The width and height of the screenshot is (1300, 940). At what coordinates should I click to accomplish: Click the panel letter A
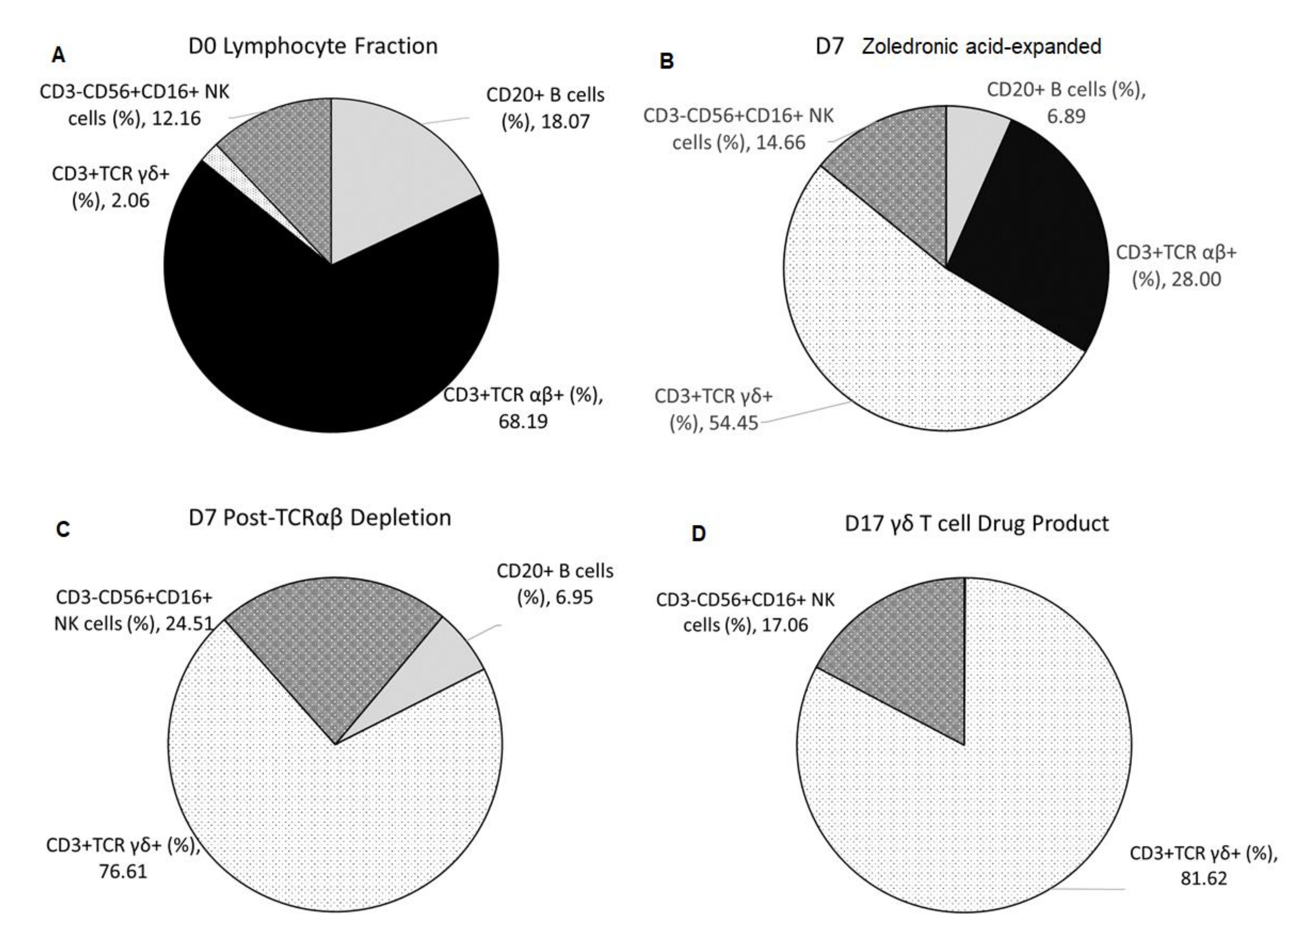58,56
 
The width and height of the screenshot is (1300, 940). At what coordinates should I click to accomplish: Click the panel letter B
666,61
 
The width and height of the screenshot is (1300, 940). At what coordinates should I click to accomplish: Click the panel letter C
63,529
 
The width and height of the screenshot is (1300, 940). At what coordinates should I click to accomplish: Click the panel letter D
698,534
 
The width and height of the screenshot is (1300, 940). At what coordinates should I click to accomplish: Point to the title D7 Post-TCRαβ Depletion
319,517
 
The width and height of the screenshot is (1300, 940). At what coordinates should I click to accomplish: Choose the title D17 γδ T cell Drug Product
977,523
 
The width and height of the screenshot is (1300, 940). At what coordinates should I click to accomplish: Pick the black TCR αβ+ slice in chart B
1032,241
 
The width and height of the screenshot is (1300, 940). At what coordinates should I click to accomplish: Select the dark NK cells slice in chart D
911,648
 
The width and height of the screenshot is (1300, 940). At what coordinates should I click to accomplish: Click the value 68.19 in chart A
523,421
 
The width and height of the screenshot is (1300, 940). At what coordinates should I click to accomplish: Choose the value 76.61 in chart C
123,871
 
